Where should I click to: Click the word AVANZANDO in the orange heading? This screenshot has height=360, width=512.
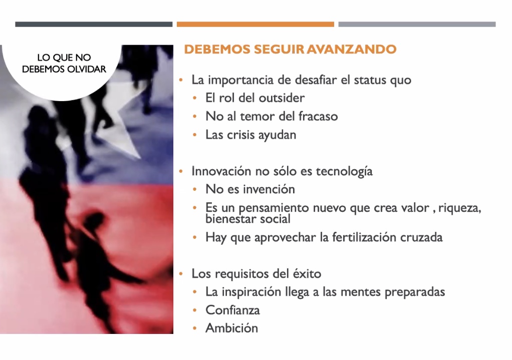[351, 49]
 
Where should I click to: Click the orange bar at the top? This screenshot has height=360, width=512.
[255, 24]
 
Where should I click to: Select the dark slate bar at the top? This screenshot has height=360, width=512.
[94, 24]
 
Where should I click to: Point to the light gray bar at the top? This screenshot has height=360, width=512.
[417, 24]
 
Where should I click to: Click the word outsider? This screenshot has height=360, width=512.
[282, 98]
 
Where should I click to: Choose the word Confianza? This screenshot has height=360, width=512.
[232, 310]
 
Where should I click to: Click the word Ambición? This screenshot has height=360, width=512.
[231, 328]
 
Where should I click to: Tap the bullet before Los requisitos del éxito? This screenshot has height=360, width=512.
[181, 273]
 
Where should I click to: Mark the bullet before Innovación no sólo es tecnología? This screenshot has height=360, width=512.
[181, 171]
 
